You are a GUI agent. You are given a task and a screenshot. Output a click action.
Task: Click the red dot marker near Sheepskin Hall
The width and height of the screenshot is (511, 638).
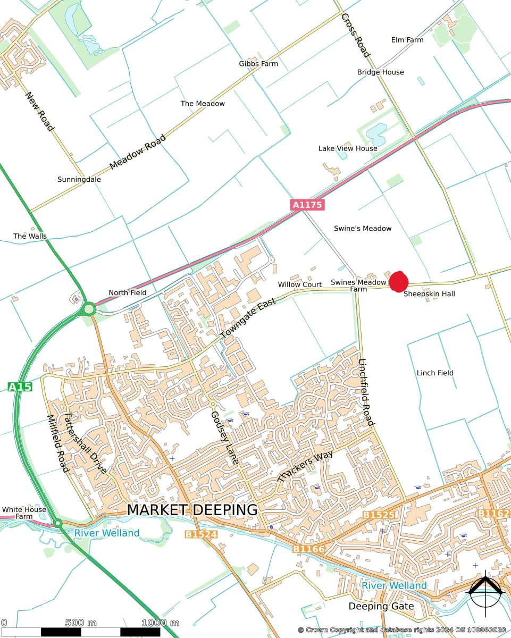pyautogui.click(x=398, y=282)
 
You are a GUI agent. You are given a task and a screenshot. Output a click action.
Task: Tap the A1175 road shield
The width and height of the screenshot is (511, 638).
pyautogui.click(x=307, y=204)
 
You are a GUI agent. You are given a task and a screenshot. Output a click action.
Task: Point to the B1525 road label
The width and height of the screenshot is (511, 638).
pyautogui.click(x=379, y=515)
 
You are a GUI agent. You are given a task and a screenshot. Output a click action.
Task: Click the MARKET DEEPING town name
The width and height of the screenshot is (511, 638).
pyautogui.click(x=192, y=509)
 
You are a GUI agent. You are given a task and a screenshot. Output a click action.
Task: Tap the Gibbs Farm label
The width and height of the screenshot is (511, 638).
pyautogui.click(x=258, y=64)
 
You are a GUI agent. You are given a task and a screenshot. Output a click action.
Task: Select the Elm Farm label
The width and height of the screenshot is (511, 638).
pyautogui.click(x=407, y=40)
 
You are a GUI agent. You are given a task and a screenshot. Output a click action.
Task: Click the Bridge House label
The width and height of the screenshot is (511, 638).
pyautogui.click(x=380, y=72)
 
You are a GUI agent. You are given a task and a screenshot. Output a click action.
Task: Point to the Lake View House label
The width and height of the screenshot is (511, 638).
pyautogui.click(x=348, y=148)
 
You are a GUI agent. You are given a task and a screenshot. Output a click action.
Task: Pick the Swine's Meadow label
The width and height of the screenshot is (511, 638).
pyautogui.click(x=362, y=228)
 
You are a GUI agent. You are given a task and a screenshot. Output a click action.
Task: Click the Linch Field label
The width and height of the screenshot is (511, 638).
pyautogui.click(x=435, y=373)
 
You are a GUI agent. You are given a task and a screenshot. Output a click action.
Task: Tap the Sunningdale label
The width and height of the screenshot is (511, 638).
pyautogui.click(x=79, y=180)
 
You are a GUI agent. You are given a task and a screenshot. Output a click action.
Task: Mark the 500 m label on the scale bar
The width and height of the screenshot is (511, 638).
pyautogui.click(x=81, y=623)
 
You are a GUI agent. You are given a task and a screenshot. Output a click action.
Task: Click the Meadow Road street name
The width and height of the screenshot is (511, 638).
pyautogui.click(x=137, y=153)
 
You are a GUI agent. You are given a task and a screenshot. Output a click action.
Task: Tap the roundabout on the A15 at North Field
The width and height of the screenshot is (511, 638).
pyautogui.click(x=89, y=308)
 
